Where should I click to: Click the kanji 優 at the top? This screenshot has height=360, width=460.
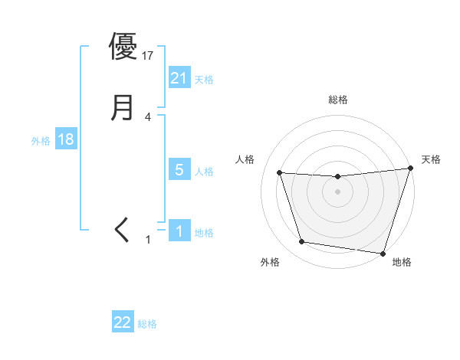click(x=123, y=46)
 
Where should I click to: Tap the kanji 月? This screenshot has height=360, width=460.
click(x=123, y=107)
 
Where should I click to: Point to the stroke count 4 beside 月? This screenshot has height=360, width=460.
click(x=148, y=117)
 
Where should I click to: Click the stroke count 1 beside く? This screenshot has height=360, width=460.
click(x=148, y=240)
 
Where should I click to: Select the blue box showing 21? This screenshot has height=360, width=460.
click(x=179, y=78)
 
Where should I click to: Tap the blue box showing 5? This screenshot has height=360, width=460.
click(x=179, y=170)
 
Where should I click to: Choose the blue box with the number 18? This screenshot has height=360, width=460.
click(x=65, y=140)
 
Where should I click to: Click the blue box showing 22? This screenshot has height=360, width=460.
click(x=123, y=322)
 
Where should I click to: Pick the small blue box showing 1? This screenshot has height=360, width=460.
click(x=179, y=231)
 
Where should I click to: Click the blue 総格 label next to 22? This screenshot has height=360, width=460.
click(x=147, y=324)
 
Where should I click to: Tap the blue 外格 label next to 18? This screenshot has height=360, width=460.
click(x=41, y=141)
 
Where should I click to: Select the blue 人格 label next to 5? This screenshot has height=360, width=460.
click(x=204, y=172)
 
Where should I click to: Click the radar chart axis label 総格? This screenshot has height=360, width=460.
click(x=338, y=100)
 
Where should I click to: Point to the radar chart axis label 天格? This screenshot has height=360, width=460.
click(x=431, y=159)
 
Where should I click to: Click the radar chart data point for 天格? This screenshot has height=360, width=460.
click(x=410, y=169)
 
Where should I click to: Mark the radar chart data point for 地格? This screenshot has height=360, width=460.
click(x=383, y=253)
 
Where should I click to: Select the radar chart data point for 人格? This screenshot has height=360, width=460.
click(x=280, y=173)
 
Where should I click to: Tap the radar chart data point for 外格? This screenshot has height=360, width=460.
click(x=302, y=242)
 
